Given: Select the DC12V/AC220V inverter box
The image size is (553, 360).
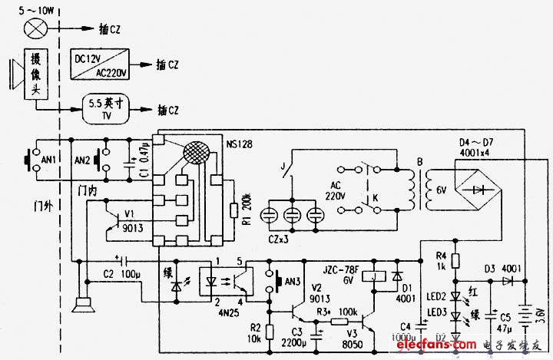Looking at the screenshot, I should point(101,64).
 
